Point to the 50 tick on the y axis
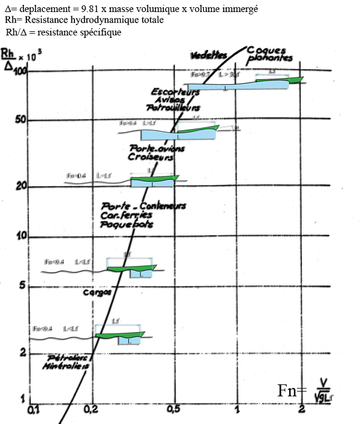[22, 119]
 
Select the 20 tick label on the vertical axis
[22, 184]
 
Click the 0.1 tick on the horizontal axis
[34, 409]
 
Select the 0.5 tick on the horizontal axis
[175, 409]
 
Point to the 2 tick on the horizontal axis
[304, 409]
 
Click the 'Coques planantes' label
[269, 53]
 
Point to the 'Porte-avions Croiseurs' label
[157, 151]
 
